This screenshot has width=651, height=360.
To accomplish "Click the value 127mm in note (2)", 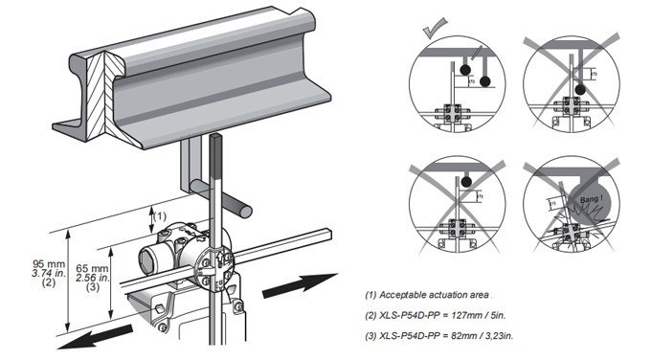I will (483, 315).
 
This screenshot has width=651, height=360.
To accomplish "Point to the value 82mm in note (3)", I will (482, 334).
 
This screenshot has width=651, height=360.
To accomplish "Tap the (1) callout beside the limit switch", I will (161, 215).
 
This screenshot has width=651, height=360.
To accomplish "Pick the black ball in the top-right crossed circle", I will (579, 89).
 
